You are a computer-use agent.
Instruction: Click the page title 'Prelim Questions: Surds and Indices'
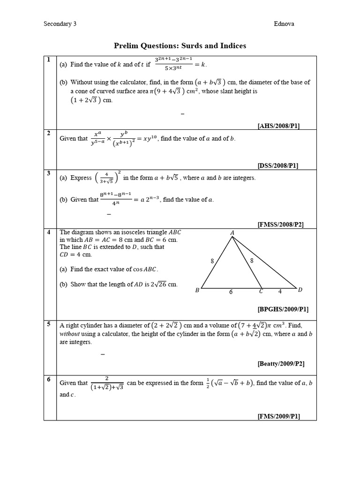click(180, 45)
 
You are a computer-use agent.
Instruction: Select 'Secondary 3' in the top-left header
click(60, 24)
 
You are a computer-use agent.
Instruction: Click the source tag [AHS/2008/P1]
click(278, 126)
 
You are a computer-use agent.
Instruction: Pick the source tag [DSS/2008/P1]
click(278, 165)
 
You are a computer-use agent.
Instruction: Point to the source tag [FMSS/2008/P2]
click(280, 225)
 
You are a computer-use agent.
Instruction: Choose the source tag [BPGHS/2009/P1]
click(283, 309)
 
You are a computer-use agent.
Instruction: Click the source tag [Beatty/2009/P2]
click(281, 363)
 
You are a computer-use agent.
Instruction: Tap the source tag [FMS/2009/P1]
click(279, 416)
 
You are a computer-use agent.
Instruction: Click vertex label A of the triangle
click(232, 232)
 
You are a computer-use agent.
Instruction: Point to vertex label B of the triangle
click(197, 291)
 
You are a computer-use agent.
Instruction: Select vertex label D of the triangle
click(300, 290)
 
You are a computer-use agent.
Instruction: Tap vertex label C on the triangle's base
click(261, 292)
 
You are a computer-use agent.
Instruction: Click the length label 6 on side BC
click(231, 292)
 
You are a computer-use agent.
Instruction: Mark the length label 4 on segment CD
click(279, 292)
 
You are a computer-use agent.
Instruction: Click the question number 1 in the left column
click(48, 60)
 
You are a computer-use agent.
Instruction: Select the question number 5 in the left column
click(48, 324)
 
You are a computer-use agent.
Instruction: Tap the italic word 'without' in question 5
click(69, 334)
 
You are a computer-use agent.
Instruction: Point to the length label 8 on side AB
click(212, 261)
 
